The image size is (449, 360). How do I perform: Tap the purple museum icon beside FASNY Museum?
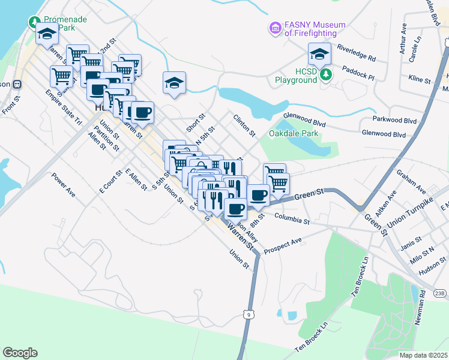(276, 28)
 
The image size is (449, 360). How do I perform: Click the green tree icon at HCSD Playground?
(325, 74)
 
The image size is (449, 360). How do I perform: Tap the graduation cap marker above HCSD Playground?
(319, 54)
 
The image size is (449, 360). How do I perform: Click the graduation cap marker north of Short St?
(174, 83)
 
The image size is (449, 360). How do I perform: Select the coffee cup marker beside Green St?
(259, 195)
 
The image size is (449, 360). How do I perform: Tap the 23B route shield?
(440, 293)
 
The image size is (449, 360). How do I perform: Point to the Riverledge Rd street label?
(356, 53)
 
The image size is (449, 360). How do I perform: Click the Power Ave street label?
(62, 185)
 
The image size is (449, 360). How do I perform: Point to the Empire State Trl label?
(64, 107)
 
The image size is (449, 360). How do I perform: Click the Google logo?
(20, 352)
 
